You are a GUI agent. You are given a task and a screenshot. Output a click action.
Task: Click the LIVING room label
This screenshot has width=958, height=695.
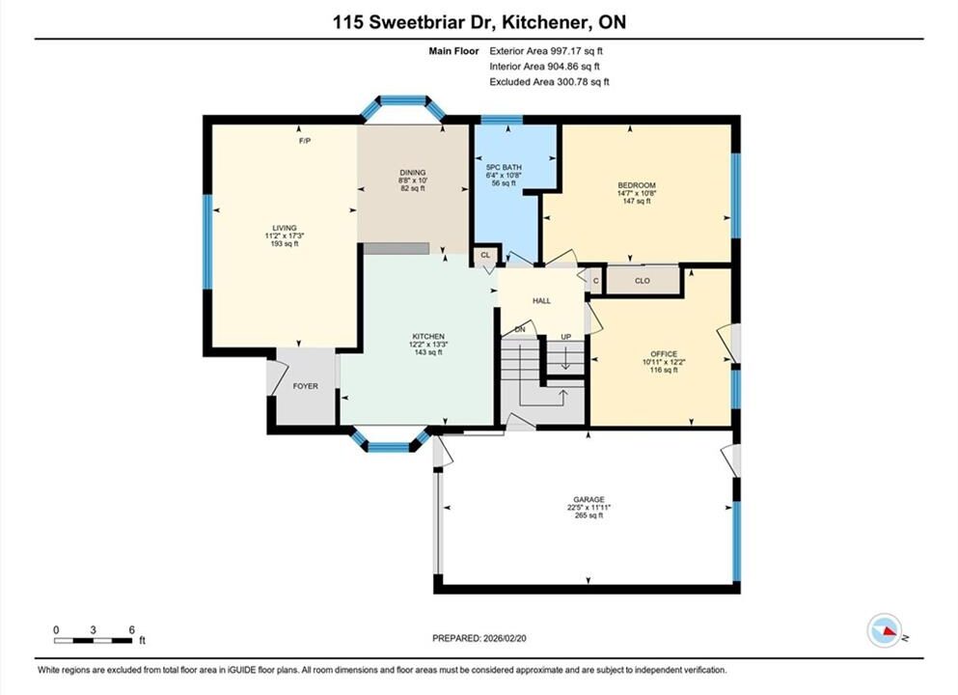tap(285, 228)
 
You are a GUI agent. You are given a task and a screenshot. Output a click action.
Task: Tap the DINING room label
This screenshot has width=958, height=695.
tap(413, 173)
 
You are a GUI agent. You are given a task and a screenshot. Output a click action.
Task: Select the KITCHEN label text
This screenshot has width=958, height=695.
tap(428, 336)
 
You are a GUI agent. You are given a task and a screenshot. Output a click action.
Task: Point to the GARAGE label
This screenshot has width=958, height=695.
tap(588, 499)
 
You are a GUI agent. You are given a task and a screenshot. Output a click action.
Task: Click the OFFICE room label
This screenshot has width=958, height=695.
tap(664, 354)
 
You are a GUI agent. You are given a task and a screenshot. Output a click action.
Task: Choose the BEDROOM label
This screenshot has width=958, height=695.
tap(637, 185)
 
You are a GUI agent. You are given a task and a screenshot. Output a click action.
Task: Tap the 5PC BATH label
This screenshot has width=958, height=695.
tap(504, 167)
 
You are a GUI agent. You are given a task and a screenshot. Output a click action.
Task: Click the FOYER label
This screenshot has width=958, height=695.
tap(306, 386)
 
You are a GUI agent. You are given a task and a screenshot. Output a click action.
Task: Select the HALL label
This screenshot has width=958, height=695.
tap(542, 301)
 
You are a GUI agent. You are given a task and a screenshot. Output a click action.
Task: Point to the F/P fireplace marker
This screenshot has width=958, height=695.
tap(304, 141)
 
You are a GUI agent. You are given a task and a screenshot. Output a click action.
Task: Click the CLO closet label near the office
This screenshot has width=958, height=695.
tap(643, 281)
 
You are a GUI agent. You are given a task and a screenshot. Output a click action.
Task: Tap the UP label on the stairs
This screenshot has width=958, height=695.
tap(566, 337)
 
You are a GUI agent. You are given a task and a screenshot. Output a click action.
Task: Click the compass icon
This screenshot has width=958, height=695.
tap(885, 630)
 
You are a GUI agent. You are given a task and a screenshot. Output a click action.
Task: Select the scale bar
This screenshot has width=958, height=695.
tap(93, 641)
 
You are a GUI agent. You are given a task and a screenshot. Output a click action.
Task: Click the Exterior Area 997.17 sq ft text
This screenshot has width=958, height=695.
tap(546, 51)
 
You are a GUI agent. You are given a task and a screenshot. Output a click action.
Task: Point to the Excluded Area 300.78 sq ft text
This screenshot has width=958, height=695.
tap(549, 81)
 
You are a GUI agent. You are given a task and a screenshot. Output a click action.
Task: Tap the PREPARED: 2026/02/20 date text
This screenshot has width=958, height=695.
tap(479, 638)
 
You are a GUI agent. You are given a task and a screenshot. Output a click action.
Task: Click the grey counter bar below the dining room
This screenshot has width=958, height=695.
tap(397, 248)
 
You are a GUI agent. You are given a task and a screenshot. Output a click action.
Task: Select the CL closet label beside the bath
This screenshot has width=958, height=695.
tap(485, 255)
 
